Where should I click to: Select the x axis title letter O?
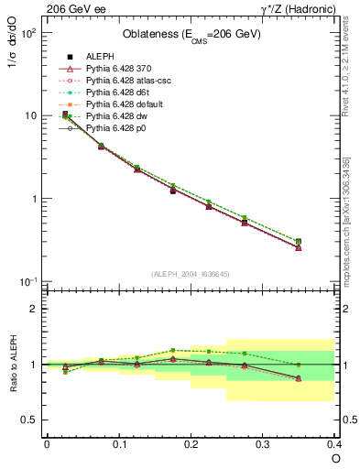coord(335,458)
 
